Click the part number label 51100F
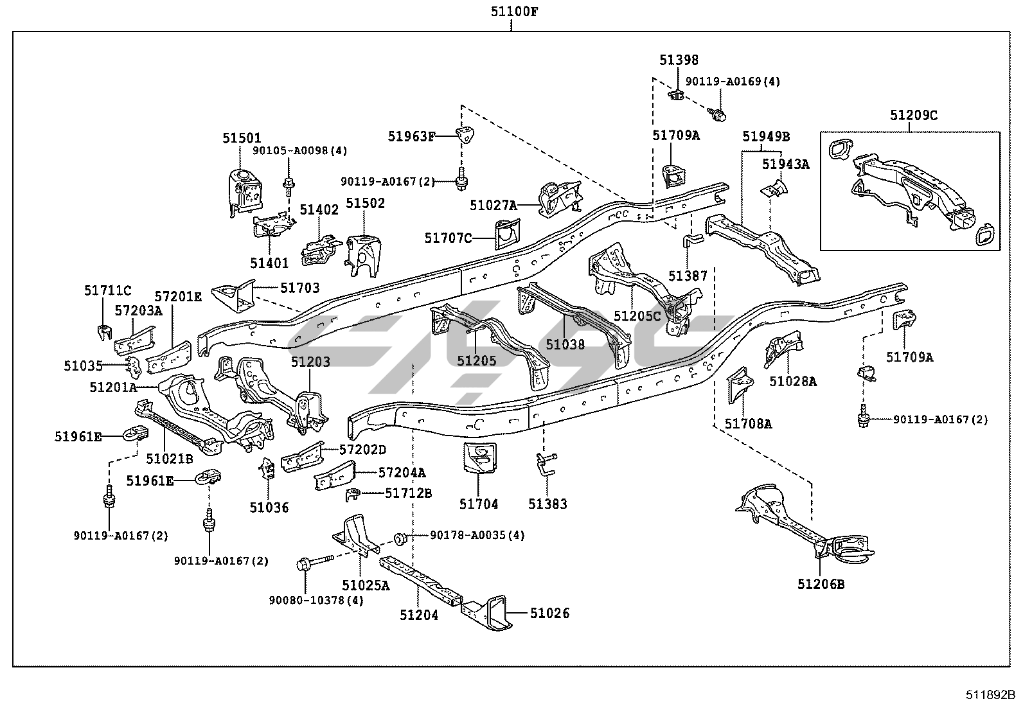coord(511,11)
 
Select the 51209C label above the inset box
coord(914,116)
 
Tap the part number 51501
coord(242,139)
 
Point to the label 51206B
coord(821,584)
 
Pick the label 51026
coord(549,613)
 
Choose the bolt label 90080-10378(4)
coord(316,600)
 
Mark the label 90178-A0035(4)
coord(477,535)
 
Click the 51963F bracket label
coord(411,136)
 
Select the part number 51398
coord(679,60)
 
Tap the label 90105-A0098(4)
coord(299,151)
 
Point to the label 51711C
coord(107,291)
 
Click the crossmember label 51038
coord(565,345)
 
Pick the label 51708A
coord(749,423)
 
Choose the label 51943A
coord(786,164)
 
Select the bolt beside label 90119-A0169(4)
coord(719,114)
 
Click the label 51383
coord(548,504)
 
